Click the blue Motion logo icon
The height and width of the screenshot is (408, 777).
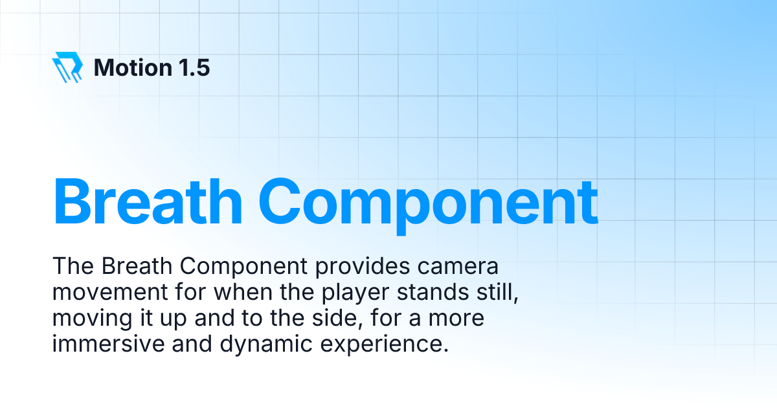(x=67, y=67)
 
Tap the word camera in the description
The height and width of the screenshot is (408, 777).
(x=464, y=266)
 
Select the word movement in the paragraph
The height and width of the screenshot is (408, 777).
(x=102, y=292)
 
